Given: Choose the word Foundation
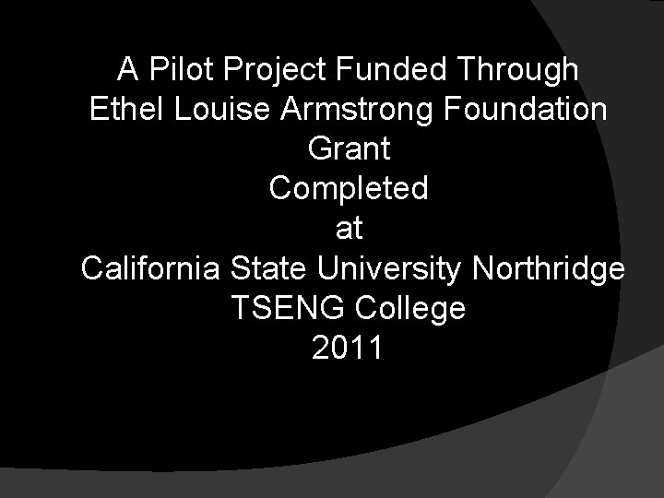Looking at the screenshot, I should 525,108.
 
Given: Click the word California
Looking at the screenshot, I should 150,269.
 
